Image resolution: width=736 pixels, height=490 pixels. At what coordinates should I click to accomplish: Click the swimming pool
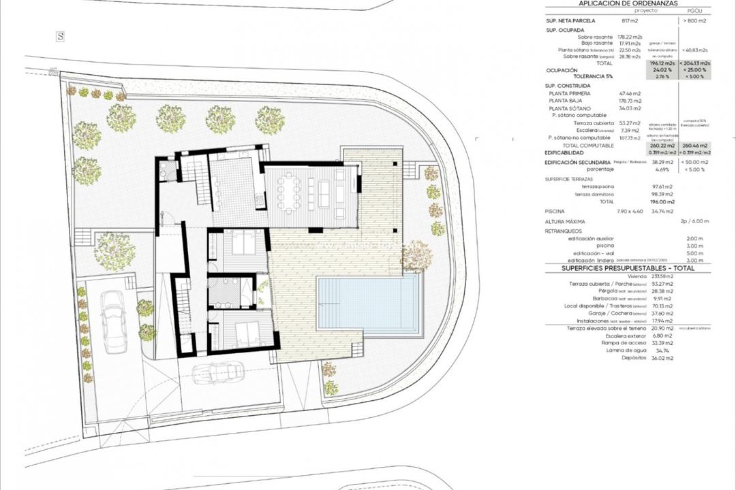(x=368, y=304)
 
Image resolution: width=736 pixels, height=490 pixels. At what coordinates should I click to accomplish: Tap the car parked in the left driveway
(x=114, y=321)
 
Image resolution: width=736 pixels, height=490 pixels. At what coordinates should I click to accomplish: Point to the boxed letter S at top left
(x=60, y=37)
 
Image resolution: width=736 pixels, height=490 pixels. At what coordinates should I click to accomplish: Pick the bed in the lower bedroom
(x=243, y=331)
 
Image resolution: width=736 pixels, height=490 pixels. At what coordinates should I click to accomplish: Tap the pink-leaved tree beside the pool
(x=416, y=256)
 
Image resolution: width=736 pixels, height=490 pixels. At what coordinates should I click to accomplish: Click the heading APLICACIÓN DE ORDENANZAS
(x=628, y=3)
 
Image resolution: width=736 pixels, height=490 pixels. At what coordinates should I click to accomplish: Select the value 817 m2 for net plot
(x=628, y=21)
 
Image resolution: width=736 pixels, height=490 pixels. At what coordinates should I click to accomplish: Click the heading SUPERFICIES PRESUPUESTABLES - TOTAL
(x=628, y=269)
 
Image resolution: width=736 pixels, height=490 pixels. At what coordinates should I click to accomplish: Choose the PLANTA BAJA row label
(x=566, y=101)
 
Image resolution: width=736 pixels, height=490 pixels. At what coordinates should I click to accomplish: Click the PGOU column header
(x=694, y=12)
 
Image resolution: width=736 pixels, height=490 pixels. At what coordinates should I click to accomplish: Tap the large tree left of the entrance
(x=114, y=251)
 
